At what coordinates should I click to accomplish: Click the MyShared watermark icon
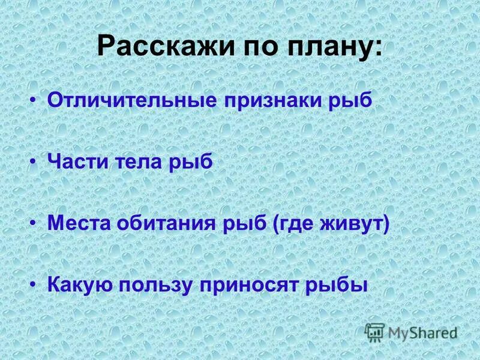(x=374, y=332)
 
